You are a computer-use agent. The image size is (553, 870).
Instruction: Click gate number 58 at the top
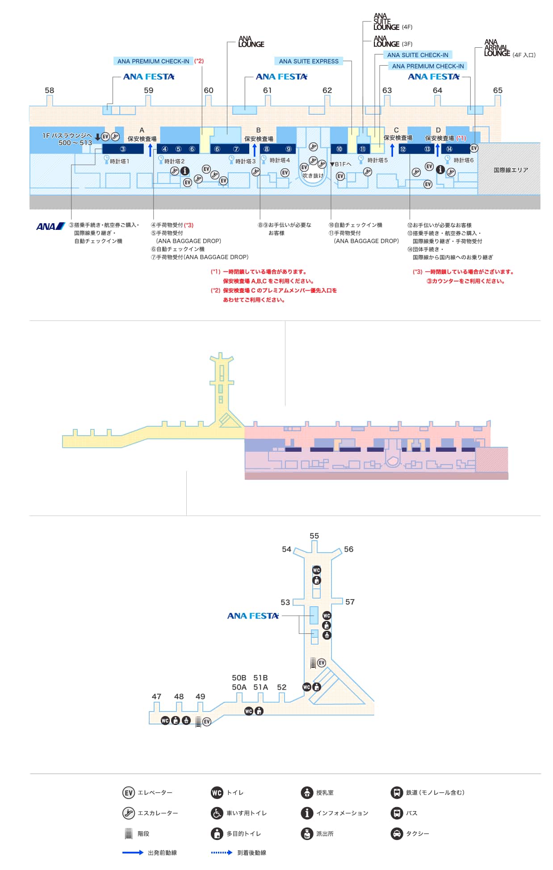click(49, 90)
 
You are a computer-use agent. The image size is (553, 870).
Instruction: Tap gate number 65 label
click(498, 90)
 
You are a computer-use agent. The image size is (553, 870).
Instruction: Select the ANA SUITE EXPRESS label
click(309, 61)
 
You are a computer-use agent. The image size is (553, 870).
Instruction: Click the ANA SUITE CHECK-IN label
click(418, 55)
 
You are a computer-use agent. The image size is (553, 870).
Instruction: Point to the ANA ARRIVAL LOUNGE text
click(497, 48)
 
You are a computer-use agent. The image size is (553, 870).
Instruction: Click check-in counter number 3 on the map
click(123, 149)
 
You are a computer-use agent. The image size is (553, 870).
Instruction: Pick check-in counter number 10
click(339, 149)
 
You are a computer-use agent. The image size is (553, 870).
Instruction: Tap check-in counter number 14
click(449, 149)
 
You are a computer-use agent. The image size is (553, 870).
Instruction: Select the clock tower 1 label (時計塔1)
click(119, 161)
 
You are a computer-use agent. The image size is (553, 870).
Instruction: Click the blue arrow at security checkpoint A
click(151, 150)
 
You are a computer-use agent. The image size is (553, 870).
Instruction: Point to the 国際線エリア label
click(511, 170)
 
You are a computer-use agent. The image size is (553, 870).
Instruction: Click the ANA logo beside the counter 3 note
click(50, 226)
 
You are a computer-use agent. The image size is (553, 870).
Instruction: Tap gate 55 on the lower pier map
click(314, 536)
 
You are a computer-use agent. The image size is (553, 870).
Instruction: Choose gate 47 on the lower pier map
click(156, 696)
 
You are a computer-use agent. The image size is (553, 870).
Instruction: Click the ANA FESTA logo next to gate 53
click(253, 616)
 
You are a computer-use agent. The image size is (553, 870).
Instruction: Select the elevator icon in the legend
click(129, 792)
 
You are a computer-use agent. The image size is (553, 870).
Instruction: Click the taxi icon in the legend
click(397, 833)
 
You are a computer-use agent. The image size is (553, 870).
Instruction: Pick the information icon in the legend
click(307, 813)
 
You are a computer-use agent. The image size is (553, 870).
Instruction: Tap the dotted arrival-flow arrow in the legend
click(222, 853)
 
